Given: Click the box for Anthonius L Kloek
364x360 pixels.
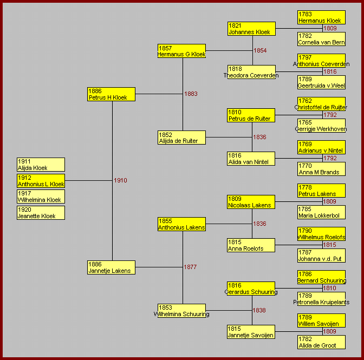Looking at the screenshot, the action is point(41,181).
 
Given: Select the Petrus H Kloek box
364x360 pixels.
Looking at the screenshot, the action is point(111,94).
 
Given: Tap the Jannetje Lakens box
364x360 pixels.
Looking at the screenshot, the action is point(111,267).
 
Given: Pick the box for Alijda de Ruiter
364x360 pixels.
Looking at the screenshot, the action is point(181,138).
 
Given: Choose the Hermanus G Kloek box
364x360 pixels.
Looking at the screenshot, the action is point(181,51).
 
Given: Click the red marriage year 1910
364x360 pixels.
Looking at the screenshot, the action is point(120,180).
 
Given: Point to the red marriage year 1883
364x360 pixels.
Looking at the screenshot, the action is point(191,94).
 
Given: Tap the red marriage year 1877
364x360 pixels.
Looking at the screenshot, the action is point(190,267).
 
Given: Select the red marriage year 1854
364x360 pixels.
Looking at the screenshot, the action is point(260,50).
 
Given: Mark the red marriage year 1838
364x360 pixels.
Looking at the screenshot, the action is point(259,310).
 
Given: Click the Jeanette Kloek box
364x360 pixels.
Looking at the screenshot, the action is point(41,213).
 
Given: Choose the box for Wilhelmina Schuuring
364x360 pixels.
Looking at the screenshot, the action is point(181,311).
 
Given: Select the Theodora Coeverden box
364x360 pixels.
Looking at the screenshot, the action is point(251,72).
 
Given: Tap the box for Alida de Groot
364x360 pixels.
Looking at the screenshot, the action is point(321,342).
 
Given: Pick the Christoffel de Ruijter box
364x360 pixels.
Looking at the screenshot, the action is point(321,104).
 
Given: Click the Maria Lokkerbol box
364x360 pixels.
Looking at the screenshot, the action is point(321,212).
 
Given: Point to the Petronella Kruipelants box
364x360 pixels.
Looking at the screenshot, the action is point(321,299).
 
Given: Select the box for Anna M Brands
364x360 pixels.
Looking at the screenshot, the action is point(321,169).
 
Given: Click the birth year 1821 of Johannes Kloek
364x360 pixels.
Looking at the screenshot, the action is point(235,25).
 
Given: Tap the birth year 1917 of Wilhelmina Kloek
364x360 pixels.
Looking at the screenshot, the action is point(24,193).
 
